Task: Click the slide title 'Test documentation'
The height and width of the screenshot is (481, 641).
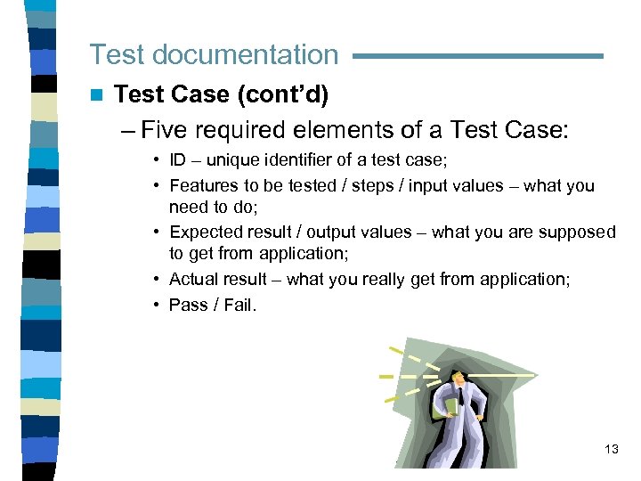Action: pyautogui.click(x=214, y=54)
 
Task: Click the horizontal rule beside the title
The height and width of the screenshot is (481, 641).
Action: pyautogui.click(x=478, y=56)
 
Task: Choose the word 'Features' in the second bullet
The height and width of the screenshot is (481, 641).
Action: pyautogui.click(x=200, y=186)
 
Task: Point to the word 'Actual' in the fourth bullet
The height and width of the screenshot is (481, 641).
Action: pyautogui.click(x=191, y=280)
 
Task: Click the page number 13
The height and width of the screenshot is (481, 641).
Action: pyautogui.click(x=611, y=449)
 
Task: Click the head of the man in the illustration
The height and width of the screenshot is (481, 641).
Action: pyautogui.click(x=456, y=379)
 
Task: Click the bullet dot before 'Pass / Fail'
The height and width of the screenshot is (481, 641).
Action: pyautogui.click(x=155, y=305)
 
